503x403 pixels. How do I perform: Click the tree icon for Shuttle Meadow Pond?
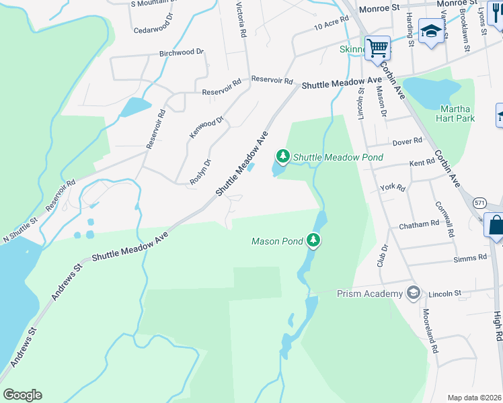(x=283, y=157)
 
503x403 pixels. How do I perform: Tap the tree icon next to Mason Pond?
(x=313, y=240)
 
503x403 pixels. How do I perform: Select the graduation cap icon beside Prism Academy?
(x=413, y=293)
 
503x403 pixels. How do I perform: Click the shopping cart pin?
(x=378, y=47)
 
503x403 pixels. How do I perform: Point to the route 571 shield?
(x=479, y=202)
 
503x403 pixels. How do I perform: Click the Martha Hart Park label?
(x=457, y=114)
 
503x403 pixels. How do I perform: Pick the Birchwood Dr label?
(x=182, y=52)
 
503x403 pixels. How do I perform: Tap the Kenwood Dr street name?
(x=206, y=126)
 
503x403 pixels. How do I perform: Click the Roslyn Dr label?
(x=200, y=171)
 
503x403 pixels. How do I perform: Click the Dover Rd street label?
(x=407, y=141)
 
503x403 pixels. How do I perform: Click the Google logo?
(x=22, y=395)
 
